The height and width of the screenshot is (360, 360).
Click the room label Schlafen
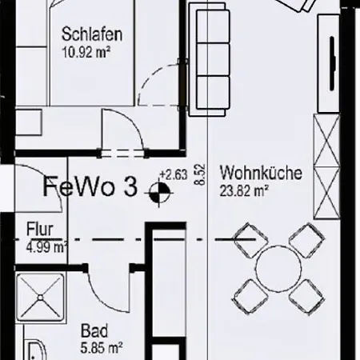92,34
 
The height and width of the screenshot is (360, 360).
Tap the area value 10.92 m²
86,52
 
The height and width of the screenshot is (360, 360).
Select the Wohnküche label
261,173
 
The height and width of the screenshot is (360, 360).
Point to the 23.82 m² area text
244,190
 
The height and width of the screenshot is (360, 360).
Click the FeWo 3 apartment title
90,186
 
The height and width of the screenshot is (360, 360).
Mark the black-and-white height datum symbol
159,192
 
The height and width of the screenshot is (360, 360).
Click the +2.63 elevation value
174,175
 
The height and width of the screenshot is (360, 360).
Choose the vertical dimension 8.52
201,174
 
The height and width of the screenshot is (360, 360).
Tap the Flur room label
40,229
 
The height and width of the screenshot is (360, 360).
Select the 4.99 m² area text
46,247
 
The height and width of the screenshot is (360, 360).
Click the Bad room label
94,330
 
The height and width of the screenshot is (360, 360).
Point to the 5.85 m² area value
102,348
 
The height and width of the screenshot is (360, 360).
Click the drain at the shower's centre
40,298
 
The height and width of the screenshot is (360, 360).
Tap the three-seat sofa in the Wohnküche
210,59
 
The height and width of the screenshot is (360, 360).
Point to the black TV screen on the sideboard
332,63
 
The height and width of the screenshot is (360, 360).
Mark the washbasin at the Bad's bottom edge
37,350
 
